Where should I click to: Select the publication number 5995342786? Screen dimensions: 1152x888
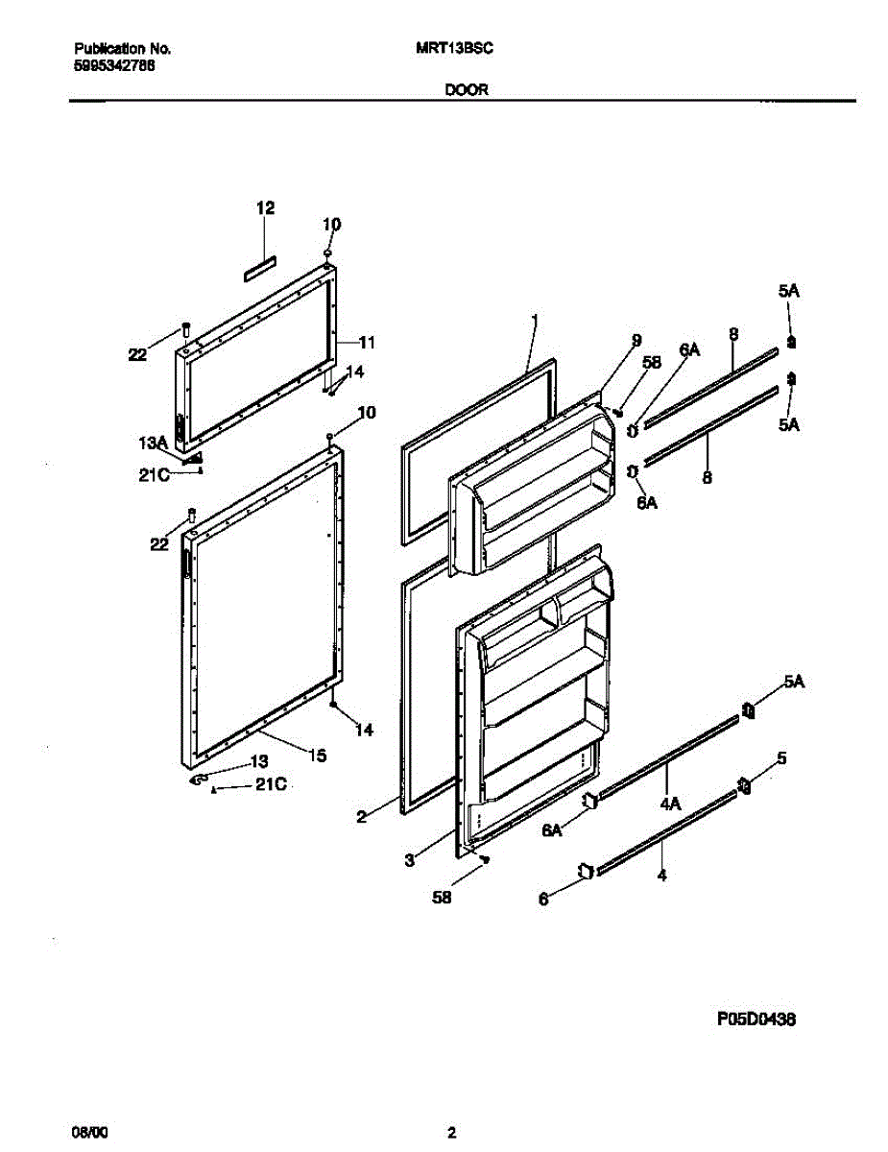click(114, 65)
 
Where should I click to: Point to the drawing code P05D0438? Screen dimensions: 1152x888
click(756, 1020)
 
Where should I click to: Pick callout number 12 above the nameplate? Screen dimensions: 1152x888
click(265, 207)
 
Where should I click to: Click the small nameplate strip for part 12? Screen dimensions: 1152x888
click(258, 269)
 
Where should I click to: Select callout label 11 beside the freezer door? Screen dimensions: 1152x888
click(366, 342)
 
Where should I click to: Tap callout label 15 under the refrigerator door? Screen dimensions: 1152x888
click(317, 756)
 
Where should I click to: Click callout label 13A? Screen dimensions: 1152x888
click(154, 443)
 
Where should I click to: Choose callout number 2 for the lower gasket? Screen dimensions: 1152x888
click(361, 817)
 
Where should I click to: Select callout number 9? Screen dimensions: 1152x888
click(635, 339)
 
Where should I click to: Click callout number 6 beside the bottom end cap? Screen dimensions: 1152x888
click(543, 900)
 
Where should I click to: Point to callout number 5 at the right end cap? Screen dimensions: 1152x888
click(781, 758)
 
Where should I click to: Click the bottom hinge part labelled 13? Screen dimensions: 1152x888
click(200, 781)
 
